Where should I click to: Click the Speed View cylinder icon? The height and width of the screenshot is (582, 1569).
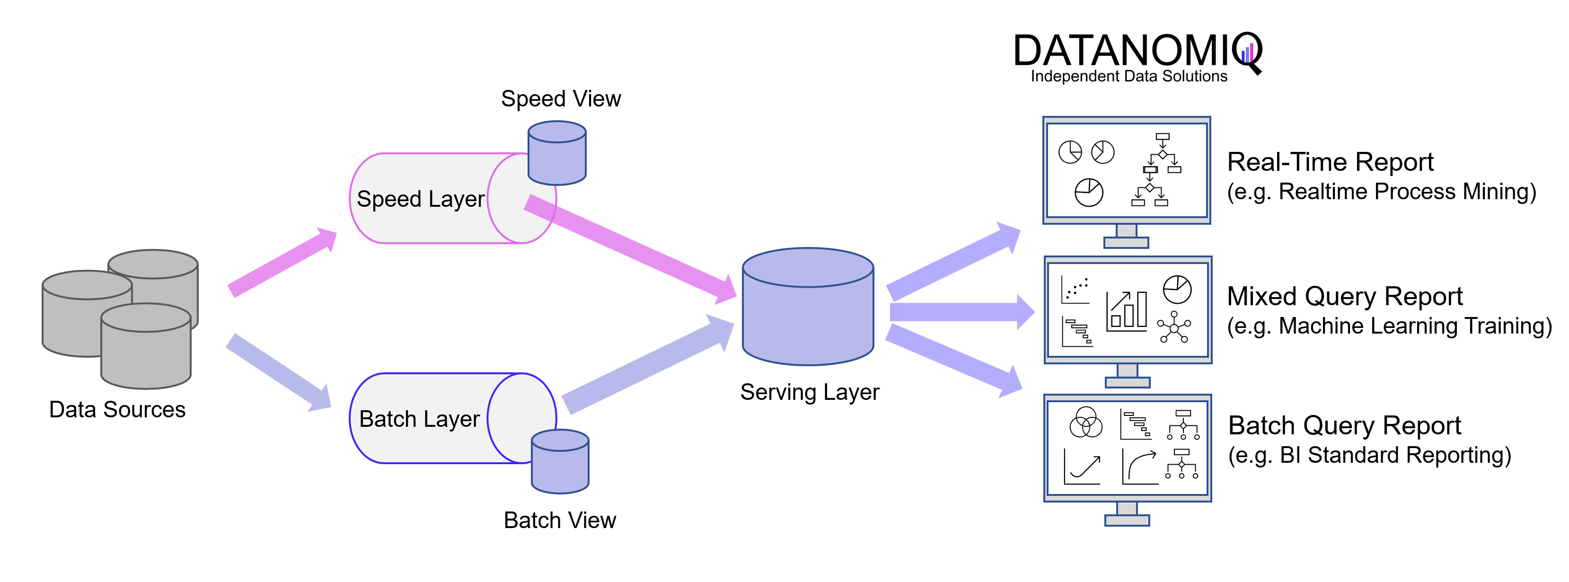click(x=557, y=153)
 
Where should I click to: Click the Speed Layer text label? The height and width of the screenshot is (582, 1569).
click(x=420, y=199)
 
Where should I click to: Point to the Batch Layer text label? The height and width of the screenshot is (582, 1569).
click(x=419, y=419)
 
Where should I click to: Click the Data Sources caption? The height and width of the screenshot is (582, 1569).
click(x=117, y=410)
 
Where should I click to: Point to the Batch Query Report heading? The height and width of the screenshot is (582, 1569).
click(x=1344, y=425)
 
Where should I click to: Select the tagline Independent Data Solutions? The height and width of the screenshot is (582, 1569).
click(x=1128, y=77)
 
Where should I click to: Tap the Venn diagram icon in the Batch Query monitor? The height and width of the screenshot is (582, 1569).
click(x=1085, y=423)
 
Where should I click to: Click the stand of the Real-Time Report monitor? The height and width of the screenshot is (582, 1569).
click(x=1126, y=237)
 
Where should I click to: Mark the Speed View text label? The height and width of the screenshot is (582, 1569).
click(x=560, y=98)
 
